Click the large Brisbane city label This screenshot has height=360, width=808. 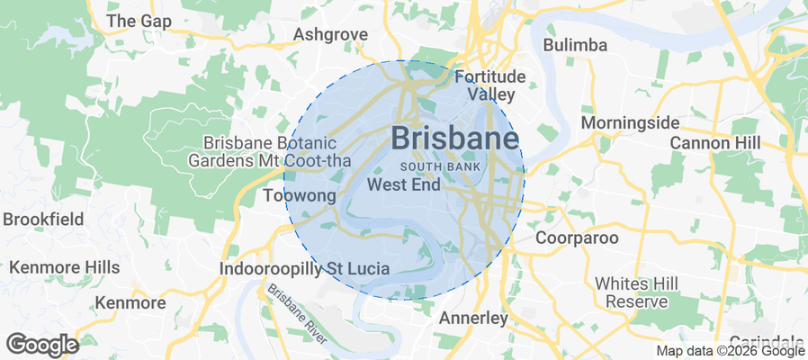[x=455, y=139]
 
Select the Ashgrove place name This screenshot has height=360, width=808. [x=331, y=35]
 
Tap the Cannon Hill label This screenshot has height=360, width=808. [x=715, y=143]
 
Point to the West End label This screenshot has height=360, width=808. [x=404, y=185]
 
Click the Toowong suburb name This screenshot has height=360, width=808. [x=300, y=195]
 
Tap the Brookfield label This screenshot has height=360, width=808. [x=43, y=219]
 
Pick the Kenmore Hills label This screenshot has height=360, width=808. [x=64, y=267]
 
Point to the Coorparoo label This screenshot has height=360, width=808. [x=577, y=238]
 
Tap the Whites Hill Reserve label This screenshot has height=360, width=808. [x=631, y=292]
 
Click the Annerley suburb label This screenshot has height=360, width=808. [x=473, y=319]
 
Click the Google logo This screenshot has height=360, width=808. [x=41, y=344]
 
